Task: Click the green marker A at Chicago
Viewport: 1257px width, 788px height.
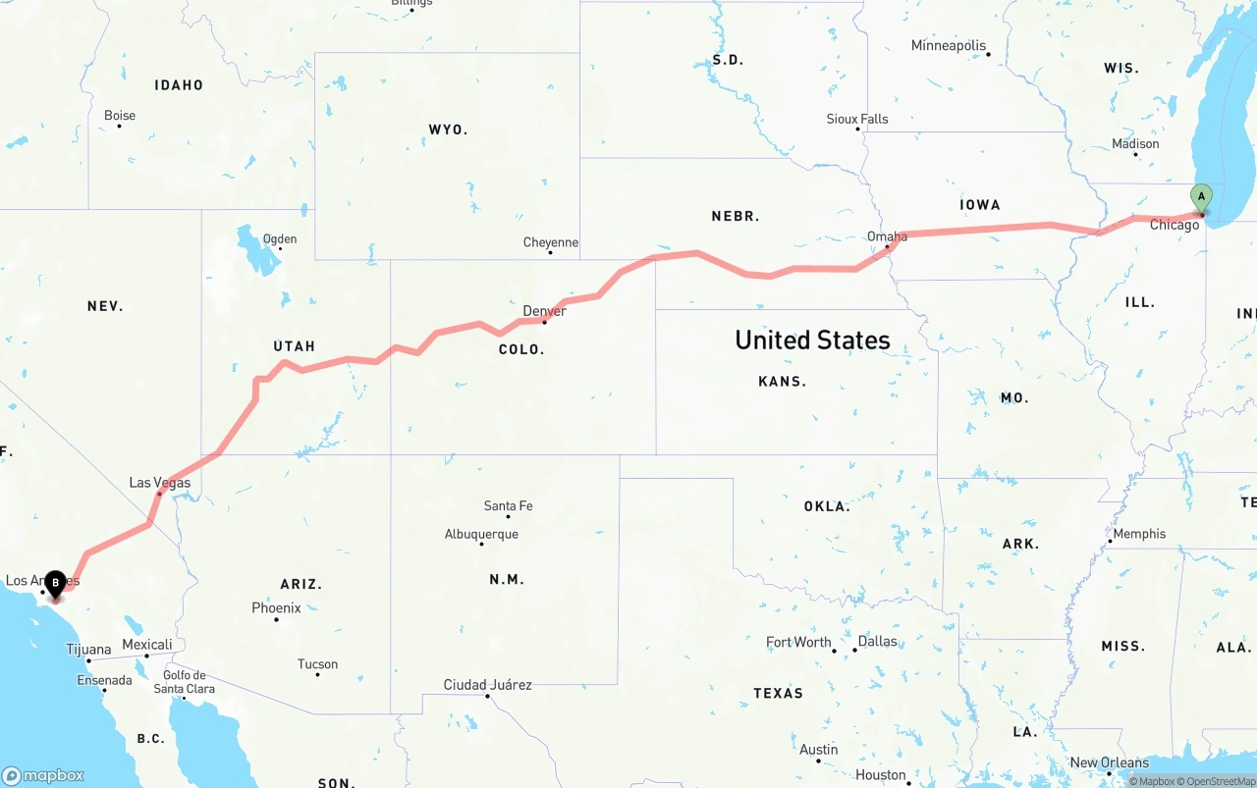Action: tap(1201, 197)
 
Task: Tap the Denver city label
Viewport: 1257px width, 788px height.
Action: tap(544, 311)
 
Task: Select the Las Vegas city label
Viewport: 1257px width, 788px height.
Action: tap(160, 483)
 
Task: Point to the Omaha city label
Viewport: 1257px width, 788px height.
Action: tap(887, 236)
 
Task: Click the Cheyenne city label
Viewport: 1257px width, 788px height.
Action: tap(550, 242)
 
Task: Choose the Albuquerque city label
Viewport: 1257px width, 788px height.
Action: tap(481, 535)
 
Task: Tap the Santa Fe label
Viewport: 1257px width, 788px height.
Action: tap(508, 506)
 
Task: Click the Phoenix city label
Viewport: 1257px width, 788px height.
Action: tap(276, 608)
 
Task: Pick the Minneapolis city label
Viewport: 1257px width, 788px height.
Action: tap(948, 46)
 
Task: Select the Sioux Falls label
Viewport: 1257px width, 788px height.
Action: tap(856, 120)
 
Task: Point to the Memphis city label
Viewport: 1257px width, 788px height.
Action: tap(1139, 534)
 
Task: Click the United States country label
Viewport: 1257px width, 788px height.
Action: tap(812, 341)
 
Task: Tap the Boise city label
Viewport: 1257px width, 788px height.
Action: tap(120, 116)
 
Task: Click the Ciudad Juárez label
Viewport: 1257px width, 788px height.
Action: tap(487, 685)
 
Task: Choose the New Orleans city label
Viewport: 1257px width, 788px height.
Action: tap(1109, 762)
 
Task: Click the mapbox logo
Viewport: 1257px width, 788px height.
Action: tap(43, 775)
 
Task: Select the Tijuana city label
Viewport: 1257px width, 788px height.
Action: tap(88, 650)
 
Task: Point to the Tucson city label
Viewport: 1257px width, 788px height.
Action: tap(317, 664)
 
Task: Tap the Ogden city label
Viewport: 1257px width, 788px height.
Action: tap(279, 239)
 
